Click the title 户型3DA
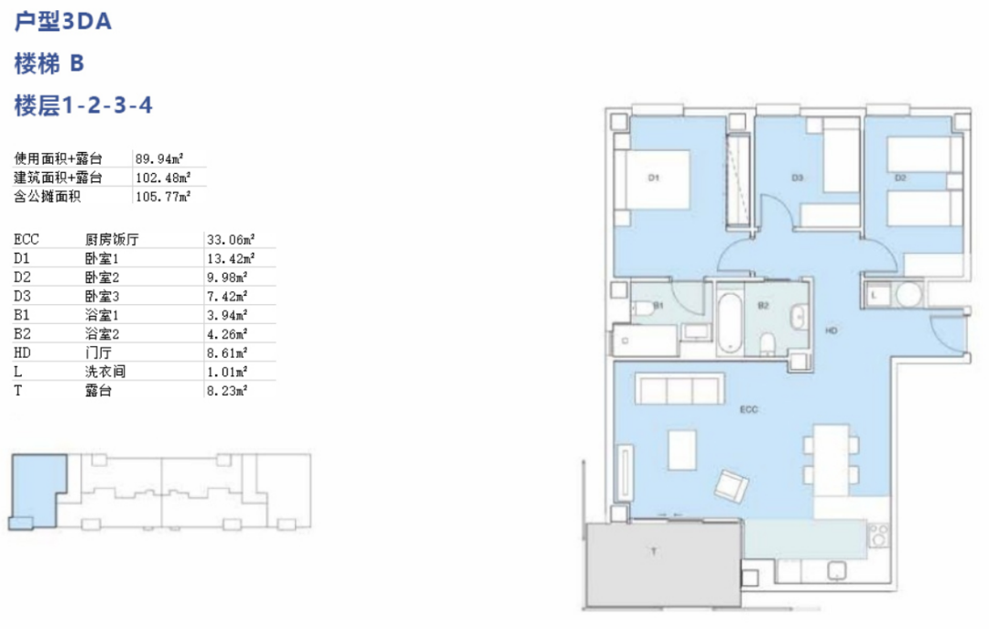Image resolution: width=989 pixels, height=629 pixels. pos(63,21)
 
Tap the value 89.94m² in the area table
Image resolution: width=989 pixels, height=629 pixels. pos(159,158)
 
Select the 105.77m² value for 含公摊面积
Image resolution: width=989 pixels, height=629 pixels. pos(163,196)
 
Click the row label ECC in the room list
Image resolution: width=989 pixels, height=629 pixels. pos(27,239)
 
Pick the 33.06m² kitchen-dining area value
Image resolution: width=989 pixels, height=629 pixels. pos(231,239)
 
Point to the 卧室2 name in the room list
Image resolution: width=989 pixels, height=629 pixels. pos(103,277)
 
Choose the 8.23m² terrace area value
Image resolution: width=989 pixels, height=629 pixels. pos(227,391)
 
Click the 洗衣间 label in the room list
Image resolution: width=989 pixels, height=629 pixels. pos(105,372)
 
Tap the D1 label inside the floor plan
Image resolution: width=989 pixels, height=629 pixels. pos(654,178)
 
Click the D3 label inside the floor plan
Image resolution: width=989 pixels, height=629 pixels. pos(798,178)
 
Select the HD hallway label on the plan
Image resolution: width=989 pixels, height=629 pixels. pos(831,330)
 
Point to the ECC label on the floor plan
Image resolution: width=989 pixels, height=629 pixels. pos(749,409)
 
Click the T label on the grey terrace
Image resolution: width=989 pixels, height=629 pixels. pos(654,551)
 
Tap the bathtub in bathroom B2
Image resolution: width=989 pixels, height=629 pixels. pos(730,321)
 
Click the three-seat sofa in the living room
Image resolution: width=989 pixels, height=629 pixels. pos(679,389)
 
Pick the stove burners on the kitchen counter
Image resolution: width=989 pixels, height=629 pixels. pos(878,536)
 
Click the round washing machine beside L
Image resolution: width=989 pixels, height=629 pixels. pos(909,294)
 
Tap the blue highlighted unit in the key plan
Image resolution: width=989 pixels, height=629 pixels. pos(38,492)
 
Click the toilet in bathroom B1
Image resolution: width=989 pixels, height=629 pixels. pos(643,309)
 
